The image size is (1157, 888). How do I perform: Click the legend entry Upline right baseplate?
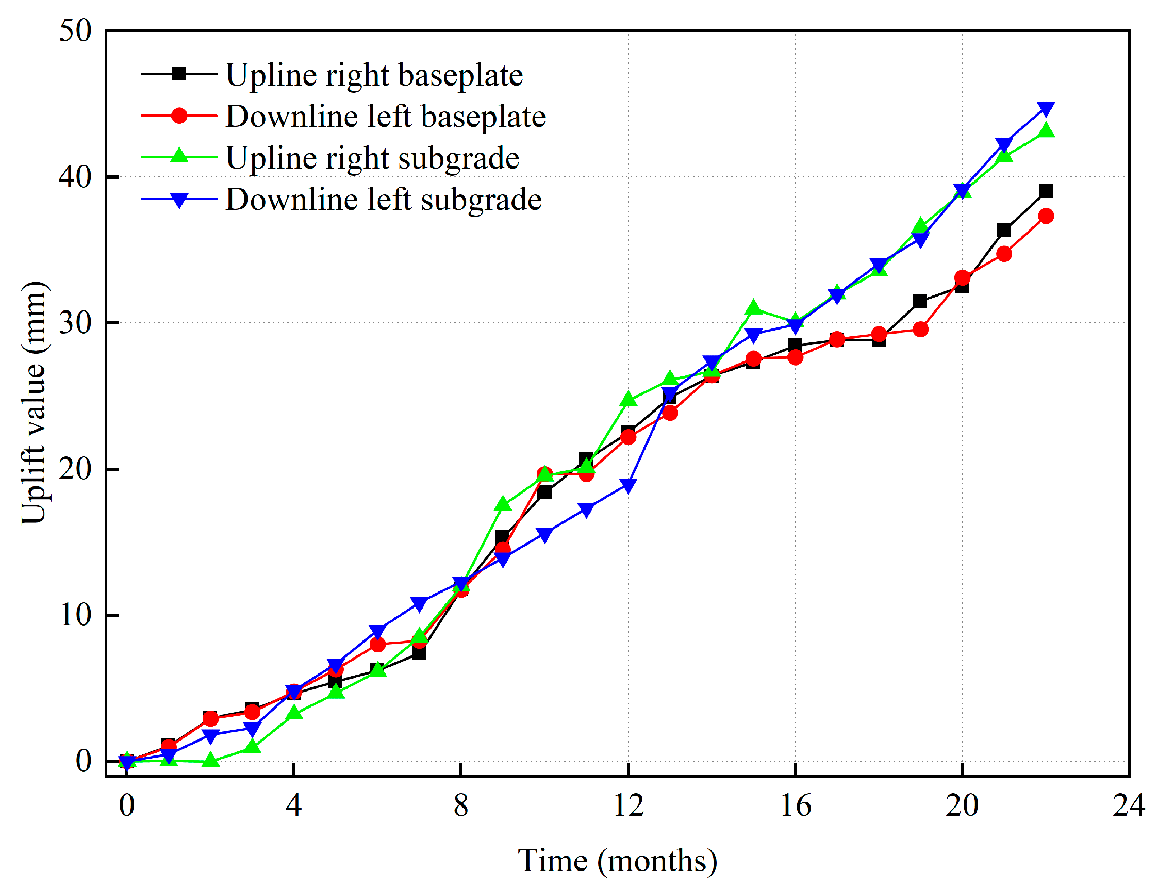(x=374, y=75)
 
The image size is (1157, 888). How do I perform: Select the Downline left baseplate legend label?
(x=386, y=117)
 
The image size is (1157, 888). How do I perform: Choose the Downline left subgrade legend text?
(x=384, y=200)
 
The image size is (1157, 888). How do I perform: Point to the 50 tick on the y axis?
(x=75, y=30)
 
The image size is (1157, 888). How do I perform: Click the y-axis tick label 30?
(x=75, y=323)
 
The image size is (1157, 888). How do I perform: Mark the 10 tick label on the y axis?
(x=75, y=615)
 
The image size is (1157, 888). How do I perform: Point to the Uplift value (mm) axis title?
(x=34, y=403)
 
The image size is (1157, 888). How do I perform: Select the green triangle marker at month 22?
(x=1046, y=130)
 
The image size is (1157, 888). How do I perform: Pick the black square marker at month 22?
(x=1046, y=191)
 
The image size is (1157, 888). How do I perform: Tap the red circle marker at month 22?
(x=1046, y=216)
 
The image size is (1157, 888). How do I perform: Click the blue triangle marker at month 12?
(x=628, y=486)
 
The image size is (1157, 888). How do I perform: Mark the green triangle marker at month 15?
(x=754, y=308)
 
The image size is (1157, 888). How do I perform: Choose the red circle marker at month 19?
(x=920, y=330)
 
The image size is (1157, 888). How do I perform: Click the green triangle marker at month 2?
(x=210, y=760)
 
